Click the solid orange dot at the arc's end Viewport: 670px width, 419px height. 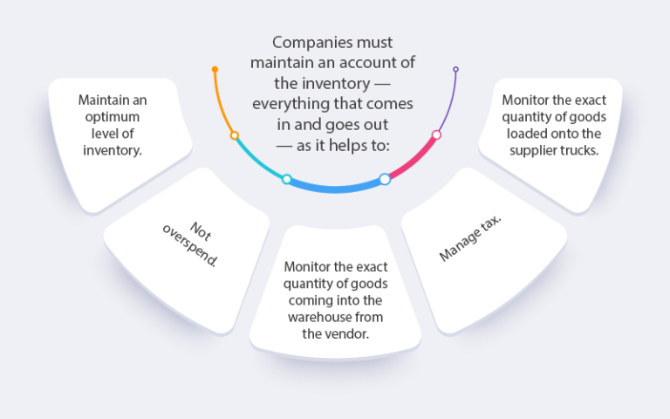pyautogui.click(x=215, y=69)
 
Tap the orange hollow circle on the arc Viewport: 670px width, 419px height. pyautogui.click(x=234, y=135)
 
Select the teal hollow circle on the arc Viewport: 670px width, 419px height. pyautogui.click(x=286, y=179)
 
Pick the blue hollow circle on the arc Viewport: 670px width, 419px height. pyautogui.click(x=385, y=179)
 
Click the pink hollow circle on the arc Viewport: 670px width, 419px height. pyautogui.click(x=436, y=134)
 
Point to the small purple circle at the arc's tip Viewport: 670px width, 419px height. pyautogui.click(x=455, y=69)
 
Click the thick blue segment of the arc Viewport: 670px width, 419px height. pyautogui.click(x=336, y=188)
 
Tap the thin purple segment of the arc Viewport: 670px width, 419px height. pyautogui.click(x=449, y=100)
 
